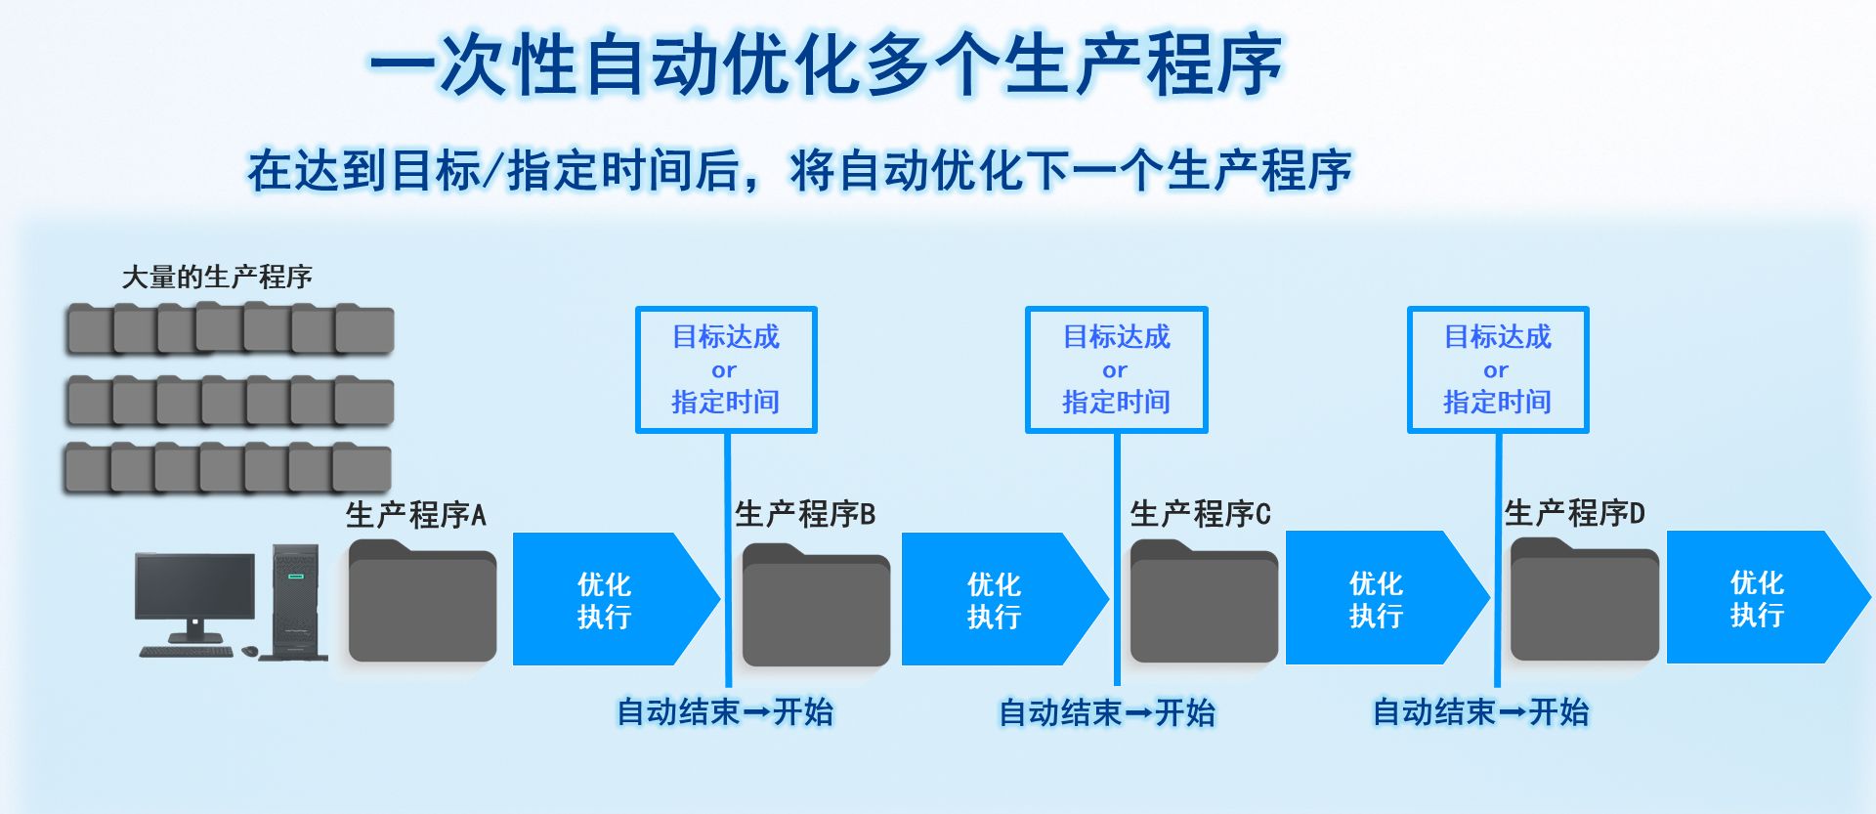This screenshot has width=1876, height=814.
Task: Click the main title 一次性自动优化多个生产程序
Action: (826, 64)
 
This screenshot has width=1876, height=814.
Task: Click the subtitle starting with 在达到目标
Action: (799, 171)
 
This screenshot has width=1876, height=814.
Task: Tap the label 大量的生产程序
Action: (217, 277)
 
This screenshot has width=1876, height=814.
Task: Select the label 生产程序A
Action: (415, 514)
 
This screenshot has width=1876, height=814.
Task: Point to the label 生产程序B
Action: (805, 513)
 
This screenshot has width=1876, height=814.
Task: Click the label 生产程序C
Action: (1201, 513)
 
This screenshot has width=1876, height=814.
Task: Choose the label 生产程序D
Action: (1575, 512)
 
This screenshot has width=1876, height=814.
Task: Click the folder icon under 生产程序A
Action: (422, 600)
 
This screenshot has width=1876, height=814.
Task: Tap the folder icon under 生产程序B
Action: (816, 604)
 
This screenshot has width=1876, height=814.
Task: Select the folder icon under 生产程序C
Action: (1204, 601)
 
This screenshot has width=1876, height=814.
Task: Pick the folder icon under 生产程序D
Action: (1585, 599)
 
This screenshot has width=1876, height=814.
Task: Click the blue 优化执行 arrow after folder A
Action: (617, 599)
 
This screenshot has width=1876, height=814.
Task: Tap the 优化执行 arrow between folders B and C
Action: (1005, 599)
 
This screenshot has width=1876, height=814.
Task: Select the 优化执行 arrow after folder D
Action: (1769, 597)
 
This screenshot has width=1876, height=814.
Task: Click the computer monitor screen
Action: (194, 584)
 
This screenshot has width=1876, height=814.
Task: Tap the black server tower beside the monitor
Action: (296, 601)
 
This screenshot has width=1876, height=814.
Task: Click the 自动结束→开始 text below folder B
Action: (725, 711)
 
